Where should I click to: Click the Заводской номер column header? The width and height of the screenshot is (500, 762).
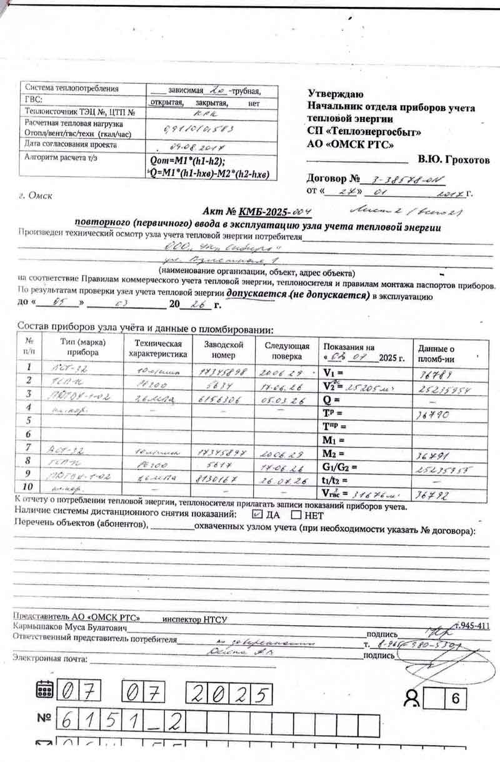pos(223,349)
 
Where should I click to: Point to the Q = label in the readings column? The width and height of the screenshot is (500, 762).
pos(331,398)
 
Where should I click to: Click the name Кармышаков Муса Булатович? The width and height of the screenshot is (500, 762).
pos(71,627)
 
